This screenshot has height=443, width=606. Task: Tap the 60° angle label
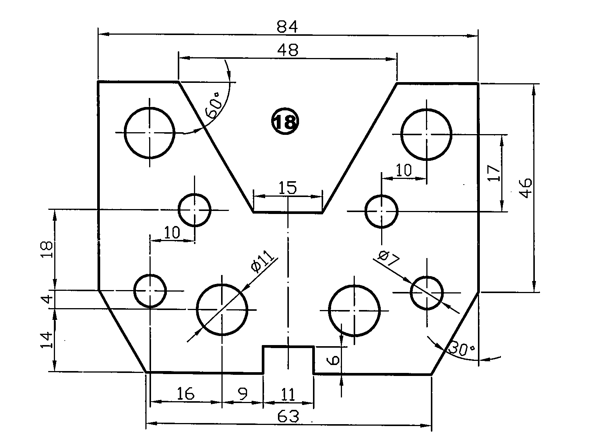(x=214, y=105)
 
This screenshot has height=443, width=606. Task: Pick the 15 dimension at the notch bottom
(x=288, y=188)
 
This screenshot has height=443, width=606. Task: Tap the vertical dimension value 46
(x=526, y=187)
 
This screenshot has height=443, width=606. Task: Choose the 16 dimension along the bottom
(x=186, y=394)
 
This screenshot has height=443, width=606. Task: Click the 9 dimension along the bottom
(x=243, y=394)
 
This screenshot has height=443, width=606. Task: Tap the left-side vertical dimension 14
(x=46, y=341)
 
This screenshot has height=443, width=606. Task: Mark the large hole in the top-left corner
(x=150, y=133)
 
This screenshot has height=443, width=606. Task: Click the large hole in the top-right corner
(x=427, y=134)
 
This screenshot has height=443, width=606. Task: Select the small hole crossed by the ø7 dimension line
(x=427, y=292)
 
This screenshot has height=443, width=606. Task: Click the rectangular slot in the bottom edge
(x=288, y=359)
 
